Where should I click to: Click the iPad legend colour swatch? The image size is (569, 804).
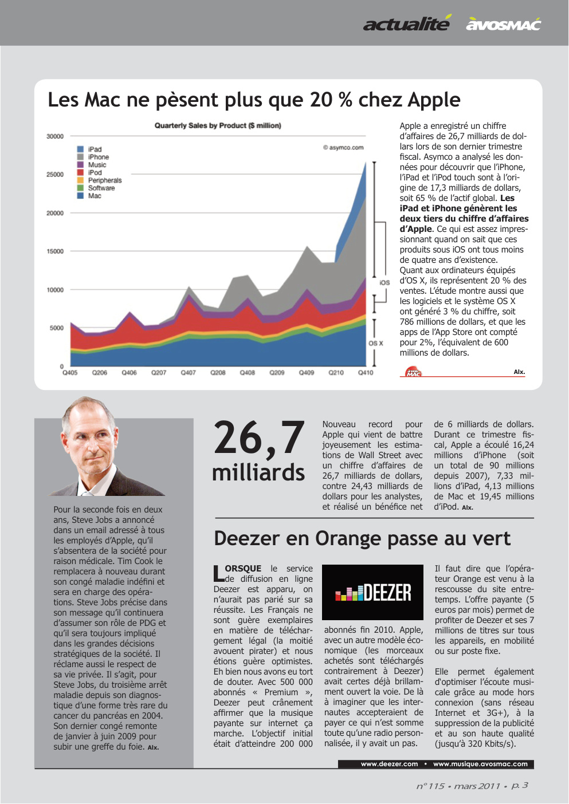tap(80, 149)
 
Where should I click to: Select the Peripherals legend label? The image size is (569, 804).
tap(105, 180)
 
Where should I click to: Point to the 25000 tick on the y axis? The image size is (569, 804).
tap(55, 175)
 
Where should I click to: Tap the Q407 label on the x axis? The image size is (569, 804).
tap(188, 373)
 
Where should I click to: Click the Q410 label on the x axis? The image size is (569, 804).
tap(366, 373)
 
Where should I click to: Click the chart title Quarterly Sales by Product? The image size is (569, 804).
tap(218, 125)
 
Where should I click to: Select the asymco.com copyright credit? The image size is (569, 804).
tap(343, 148)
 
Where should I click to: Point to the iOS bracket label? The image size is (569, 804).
tap(384, 282)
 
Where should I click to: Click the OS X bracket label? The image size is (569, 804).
tap(376, 343)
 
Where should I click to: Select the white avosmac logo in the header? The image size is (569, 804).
tap(503, 25)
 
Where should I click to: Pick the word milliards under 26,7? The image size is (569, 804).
tap(258, 472)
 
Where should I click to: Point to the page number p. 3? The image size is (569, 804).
tap(519, 785)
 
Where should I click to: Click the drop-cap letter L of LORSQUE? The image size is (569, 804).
tap(219, 573)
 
